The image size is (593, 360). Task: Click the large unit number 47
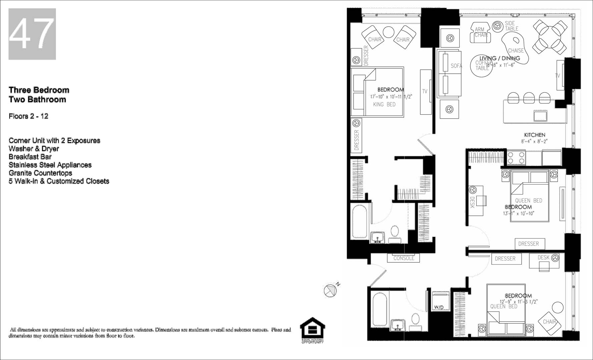point(32,34)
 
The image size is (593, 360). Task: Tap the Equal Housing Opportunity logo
point(312,330)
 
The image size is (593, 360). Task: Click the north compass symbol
point(331,290)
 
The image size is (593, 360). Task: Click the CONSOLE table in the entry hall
point(404,258)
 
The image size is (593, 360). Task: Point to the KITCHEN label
point(535,135)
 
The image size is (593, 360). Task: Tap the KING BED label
point(384,105)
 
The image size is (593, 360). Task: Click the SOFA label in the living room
point(456,66)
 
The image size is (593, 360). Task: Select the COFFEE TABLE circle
point(482,65)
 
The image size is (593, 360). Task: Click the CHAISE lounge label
point(516,51)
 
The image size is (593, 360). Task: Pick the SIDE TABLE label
point(511,26)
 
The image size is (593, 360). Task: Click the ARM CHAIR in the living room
point(481,32)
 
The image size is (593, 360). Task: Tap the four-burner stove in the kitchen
point(516,158)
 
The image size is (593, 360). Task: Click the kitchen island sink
point(540,116)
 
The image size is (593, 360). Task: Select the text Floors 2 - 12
point(28,116)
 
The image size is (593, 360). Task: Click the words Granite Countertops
point(40,173)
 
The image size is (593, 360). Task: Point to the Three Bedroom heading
point(39,90)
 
